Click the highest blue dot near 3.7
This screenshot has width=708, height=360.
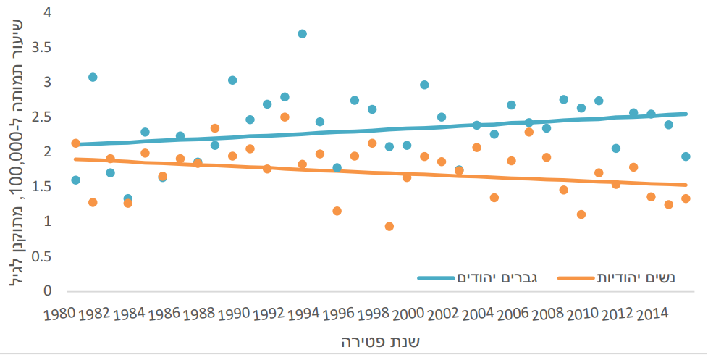pyautogui.click(x=302, y=34)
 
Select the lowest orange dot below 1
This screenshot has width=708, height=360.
pyautogui.click(x=389, y=227)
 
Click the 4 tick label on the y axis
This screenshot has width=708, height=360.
pyautogui.click(x=48, y=13)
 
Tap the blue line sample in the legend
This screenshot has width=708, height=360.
pyautogui.click(x=435, y=278)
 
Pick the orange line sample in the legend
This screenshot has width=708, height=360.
pyautogui.click(x=577, y=278)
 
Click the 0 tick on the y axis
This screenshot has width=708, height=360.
pyautogui.click(x=48, y=291)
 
